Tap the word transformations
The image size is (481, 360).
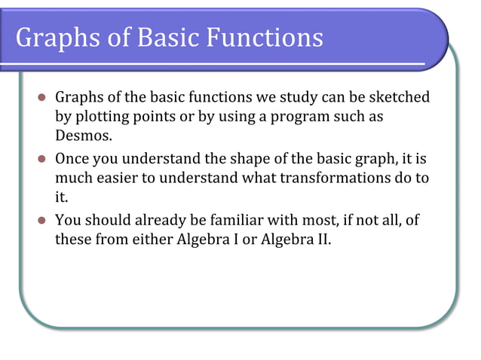pos(339,178)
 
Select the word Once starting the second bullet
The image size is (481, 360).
pos(72,159)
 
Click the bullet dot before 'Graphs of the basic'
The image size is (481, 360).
pos(42,99)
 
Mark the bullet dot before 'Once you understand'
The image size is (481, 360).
pos(42,159)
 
